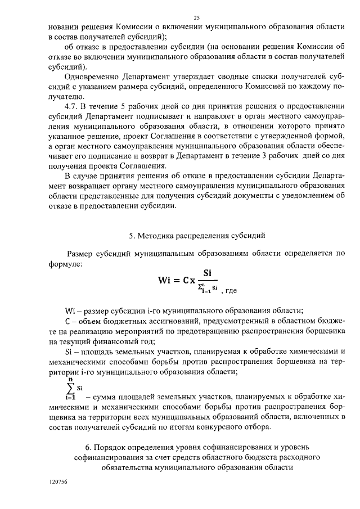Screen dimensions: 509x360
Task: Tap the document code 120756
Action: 58,483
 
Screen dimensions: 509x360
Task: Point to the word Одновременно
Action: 91,76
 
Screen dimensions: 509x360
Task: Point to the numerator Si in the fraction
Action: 207,273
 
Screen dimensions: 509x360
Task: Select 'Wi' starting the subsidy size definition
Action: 70,311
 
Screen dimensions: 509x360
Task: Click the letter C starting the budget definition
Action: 67,321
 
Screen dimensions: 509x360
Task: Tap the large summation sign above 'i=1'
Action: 70,388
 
